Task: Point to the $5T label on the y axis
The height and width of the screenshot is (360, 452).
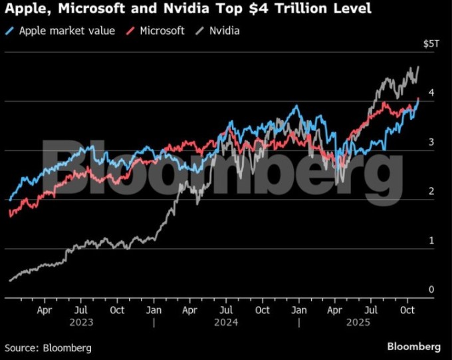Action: point(431,44)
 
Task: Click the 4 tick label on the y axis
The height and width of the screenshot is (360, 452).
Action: point(431,93)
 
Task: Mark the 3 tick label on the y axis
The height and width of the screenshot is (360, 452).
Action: point(431,142)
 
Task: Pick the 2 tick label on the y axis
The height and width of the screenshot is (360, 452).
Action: point(431,192)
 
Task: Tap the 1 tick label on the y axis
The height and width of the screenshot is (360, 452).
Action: point(431,240)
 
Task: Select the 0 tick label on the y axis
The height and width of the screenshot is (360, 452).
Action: point(431,289)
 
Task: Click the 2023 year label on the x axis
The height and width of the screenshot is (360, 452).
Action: point(80,323)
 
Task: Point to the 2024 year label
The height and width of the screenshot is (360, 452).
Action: point(226,323)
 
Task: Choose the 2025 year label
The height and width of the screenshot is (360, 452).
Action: point(372,323)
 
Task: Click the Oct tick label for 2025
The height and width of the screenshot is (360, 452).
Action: point(407,310)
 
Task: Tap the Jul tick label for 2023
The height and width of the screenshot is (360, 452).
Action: point(80,310)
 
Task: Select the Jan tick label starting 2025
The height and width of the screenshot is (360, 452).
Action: point(299,310)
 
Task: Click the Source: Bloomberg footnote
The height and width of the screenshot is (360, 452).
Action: point(48,347)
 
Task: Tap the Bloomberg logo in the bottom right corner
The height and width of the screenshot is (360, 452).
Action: point(413,347)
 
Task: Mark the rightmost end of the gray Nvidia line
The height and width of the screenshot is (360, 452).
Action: point(418,67)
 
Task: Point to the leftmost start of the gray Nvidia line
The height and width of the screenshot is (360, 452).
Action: point(9,281)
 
